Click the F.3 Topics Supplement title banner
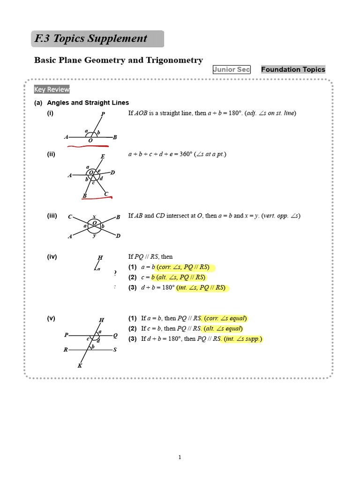tap(97, 39)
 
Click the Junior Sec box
tap(232, 69)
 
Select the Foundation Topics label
tap(292, 69)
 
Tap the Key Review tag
tap(52, 90)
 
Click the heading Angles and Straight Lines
tap(88, 103)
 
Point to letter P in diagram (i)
tap(103, 114)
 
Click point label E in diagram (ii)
tap(103, 157)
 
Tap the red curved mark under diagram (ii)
tap(97, 199)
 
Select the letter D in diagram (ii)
tap(113, 173)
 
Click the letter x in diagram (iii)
tap(94, 217)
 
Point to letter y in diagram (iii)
tap(95, 236)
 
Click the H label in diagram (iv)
tap(100, 257)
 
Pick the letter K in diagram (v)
tap(80, 366)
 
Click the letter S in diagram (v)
tap(115, 350)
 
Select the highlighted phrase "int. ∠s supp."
tap(243, 339)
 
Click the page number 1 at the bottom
tap(180, 458)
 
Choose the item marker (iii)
tap(52, 216)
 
